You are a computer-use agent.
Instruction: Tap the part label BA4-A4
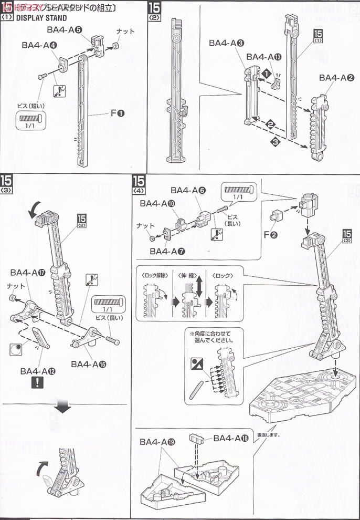(x=39, y=46)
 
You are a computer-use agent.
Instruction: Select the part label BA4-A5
(x=64, y=30)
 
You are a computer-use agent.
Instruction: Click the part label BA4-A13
(x=268, y=57)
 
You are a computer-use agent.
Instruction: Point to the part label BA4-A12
(x=38, y=371)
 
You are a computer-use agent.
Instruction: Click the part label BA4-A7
(x=167, y=251)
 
